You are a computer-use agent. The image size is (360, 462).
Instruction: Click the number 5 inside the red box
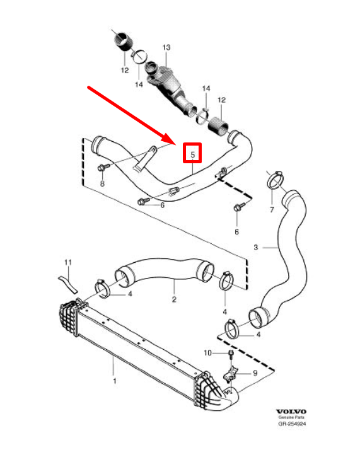[193, 153]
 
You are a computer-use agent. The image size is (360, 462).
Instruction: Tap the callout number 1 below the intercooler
[114, 381]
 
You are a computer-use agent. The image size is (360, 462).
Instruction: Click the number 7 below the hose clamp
[272, 210]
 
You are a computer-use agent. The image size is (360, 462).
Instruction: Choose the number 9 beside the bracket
[255, 373]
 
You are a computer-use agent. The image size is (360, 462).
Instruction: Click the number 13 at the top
[166, 48]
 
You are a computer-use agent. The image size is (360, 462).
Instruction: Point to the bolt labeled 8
[103, 166]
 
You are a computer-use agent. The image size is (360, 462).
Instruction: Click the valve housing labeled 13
[168, 82]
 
